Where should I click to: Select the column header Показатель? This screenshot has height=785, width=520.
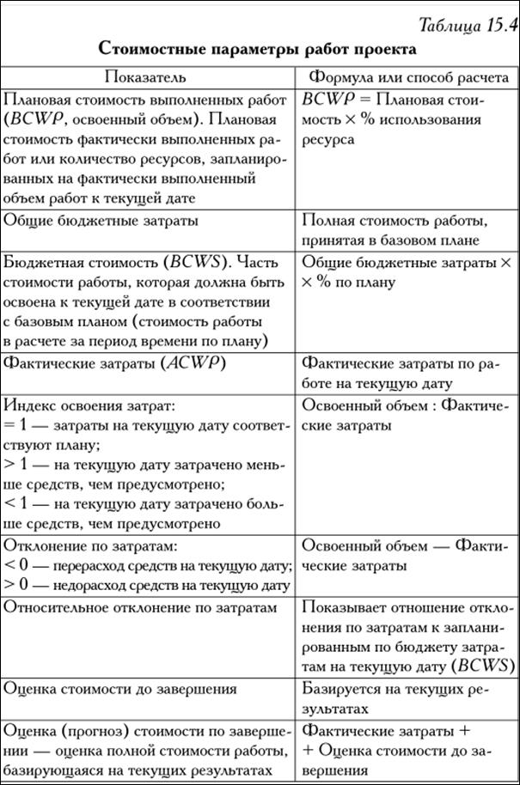coord(150,77)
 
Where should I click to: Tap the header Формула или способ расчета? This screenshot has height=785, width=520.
coord(408,77)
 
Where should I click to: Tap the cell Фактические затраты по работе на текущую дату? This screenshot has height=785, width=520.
coord(400,374)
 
